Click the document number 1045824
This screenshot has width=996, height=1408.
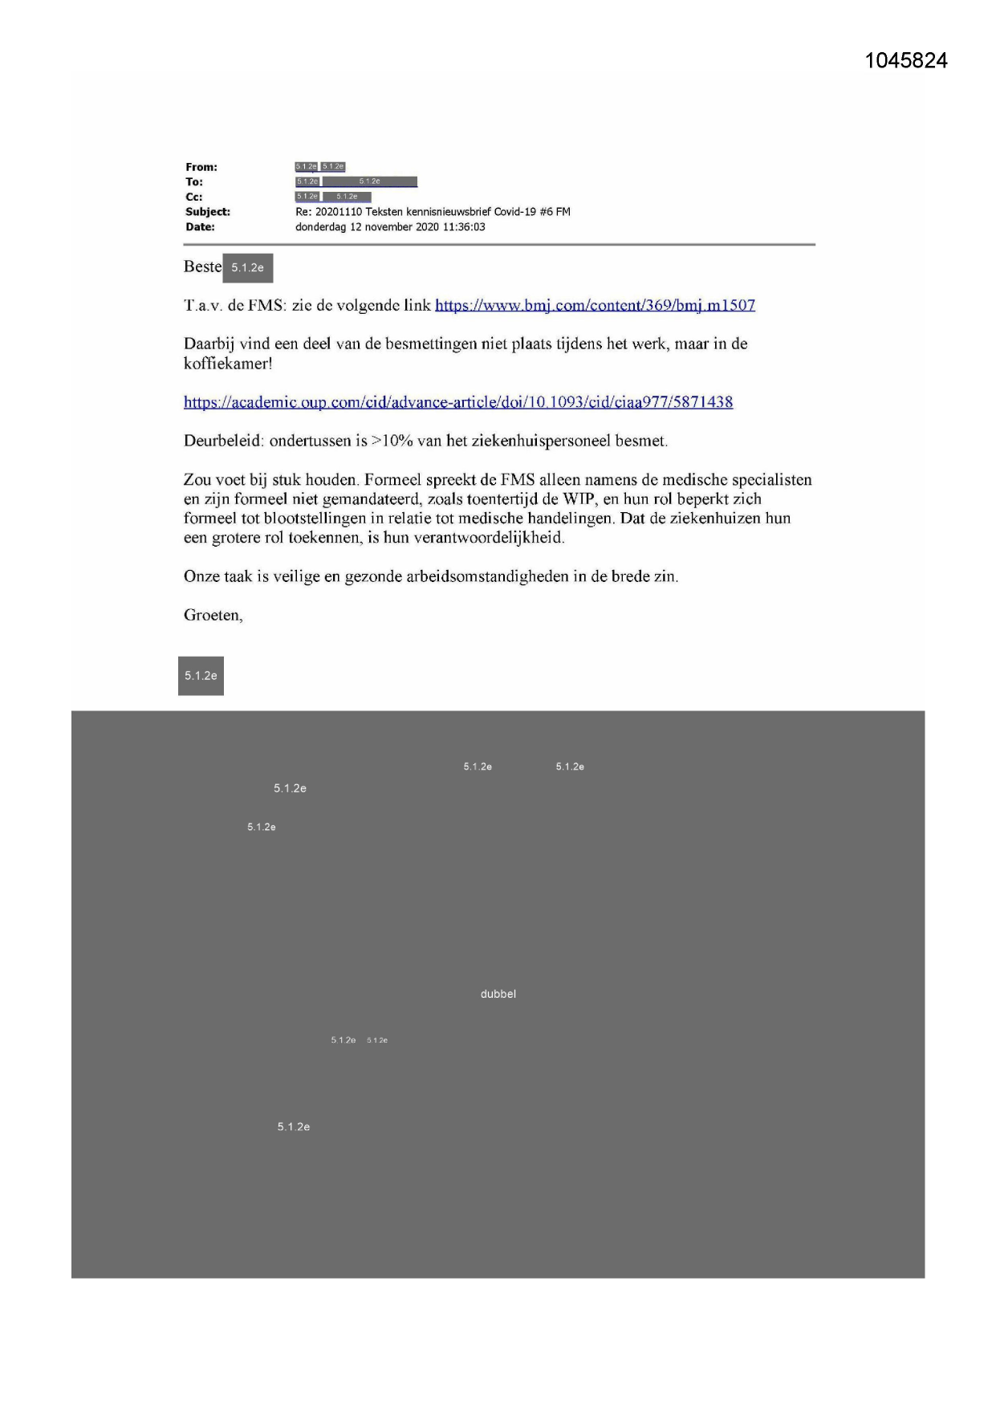[x=905, y=61]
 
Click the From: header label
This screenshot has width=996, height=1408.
[x=201, y=167]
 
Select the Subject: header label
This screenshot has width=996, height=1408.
[x=208, y=212]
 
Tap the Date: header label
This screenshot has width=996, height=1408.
[x=200, y=227]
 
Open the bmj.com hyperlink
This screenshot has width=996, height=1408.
[x=595, y=305]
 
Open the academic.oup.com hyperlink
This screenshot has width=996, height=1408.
[x=457, y=402]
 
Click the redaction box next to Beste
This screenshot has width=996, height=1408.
[x=247, y=267]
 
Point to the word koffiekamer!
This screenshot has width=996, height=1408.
[x=228, y=364]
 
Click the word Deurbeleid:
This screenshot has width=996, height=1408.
[x=224, y=441]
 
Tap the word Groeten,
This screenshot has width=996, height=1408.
[x=213, y=616]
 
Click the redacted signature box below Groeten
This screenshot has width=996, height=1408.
[x=201, y=676]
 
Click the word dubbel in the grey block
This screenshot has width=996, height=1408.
[x=498, y=994]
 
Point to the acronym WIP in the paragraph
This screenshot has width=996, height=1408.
[x=578, y=499]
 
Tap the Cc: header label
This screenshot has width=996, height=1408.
[x=193, y=197]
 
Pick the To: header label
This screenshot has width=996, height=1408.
[x=193, y=182]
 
